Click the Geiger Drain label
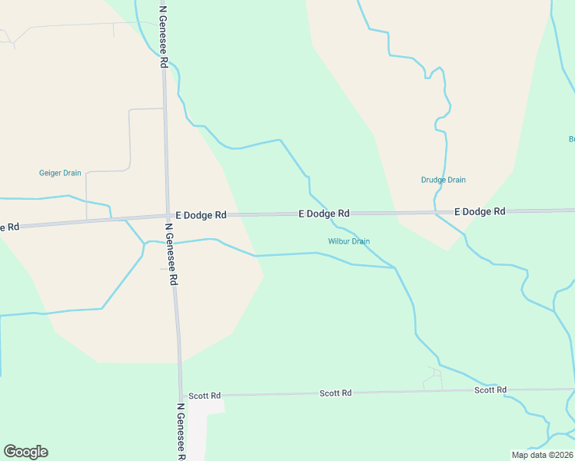60,173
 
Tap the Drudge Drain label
443,180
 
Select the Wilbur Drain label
349,241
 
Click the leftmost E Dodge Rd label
201,216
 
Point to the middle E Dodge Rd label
324,214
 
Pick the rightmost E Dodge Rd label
480,211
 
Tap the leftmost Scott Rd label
204,396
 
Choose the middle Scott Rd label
335,393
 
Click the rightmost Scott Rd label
490,390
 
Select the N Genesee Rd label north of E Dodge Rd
164,37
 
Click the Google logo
25,452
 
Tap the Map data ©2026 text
542,455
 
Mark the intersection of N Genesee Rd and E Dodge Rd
167,216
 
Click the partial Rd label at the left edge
8,227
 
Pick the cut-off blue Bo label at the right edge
571,139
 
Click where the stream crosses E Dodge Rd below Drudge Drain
436,211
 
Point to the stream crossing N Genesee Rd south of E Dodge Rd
171,243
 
